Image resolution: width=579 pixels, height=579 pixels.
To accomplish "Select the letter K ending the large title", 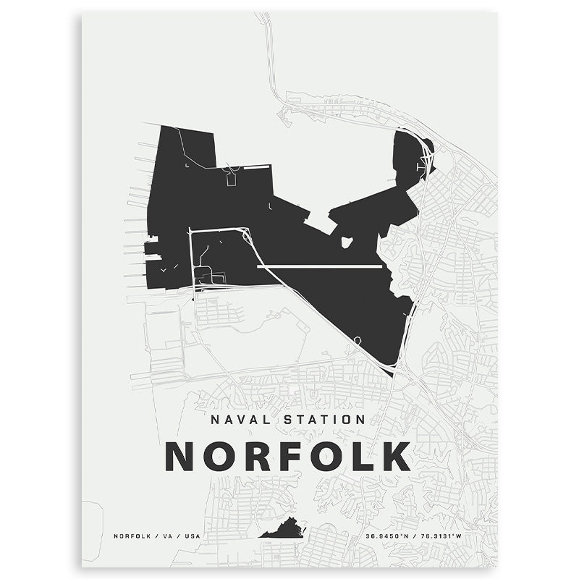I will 396,456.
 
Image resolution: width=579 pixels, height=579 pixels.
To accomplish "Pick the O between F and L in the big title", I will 327,456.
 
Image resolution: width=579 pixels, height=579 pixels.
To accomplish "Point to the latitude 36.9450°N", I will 387,536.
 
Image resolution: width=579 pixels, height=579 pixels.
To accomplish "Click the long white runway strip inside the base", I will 319,267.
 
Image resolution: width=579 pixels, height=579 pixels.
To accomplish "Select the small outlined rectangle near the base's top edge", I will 232,179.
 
